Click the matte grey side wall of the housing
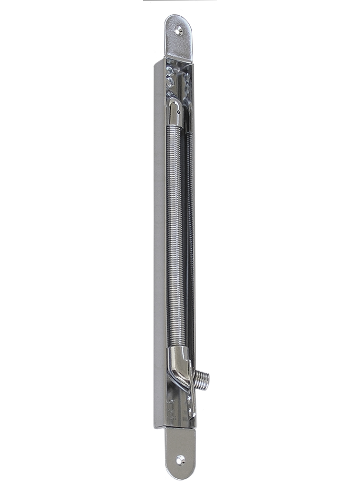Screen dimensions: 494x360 [x=159, y=238]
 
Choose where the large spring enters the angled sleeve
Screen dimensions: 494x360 [x=175, y=349]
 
